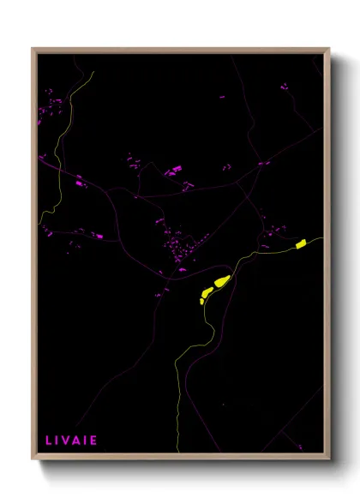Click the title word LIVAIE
71,441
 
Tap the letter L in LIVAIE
48,441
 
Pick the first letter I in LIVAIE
58,441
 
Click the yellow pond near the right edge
301,245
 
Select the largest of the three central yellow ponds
222,281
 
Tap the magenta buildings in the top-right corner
285,86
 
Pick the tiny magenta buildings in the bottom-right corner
299,446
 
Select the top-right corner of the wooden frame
329,49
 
